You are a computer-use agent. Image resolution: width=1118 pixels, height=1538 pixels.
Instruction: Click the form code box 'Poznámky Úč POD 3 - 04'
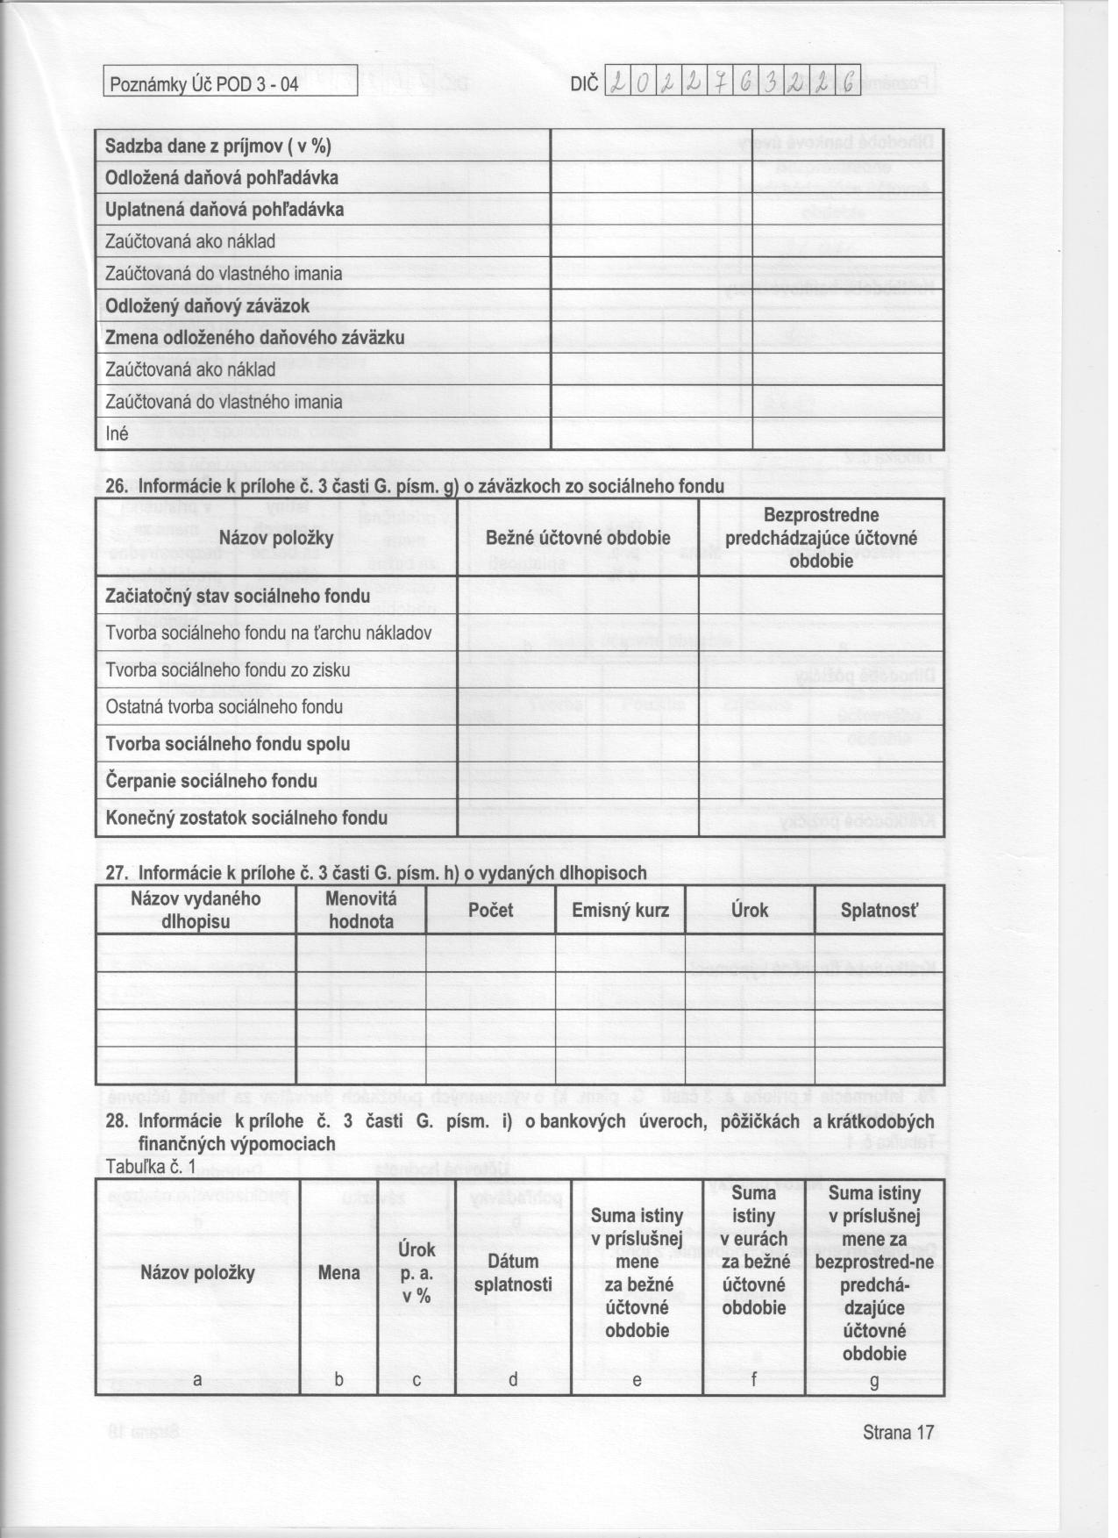[203, 85]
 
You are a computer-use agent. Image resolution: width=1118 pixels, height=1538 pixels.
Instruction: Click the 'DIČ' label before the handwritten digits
[584, 84]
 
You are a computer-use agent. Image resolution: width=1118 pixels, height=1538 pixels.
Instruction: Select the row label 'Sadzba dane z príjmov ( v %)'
[217, 146]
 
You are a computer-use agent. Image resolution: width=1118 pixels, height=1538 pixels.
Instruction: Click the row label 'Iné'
[117, 434]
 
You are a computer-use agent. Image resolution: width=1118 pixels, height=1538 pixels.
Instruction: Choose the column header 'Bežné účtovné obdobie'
[578, 538]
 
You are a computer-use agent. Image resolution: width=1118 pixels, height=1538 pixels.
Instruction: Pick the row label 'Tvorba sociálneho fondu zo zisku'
[228, 670]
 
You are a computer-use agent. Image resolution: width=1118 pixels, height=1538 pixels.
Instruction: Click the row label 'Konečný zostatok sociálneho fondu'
[246, 818]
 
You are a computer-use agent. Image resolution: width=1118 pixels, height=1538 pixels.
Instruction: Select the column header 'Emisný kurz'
[620, 910]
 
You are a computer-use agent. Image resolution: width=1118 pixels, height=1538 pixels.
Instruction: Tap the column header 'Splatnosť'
[879, 910]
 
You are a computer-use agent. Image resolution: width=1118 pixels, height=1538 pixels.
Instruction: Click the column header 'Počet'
[490, 910]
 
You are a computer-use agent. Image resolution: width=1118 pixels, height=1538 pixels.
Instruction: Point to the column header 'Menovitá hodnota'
[361, 910]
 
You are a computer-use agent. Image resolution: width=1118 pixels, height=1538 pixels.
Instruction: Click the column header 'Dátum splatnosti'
[513, 1273]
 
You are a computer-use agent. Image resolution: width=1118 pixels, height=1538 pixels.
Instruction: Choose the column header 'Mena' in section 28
[338, 1272]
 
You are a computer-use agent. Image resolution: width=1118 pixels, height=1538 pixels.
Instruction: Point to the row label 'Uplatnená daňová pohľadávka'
[224, 210]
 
